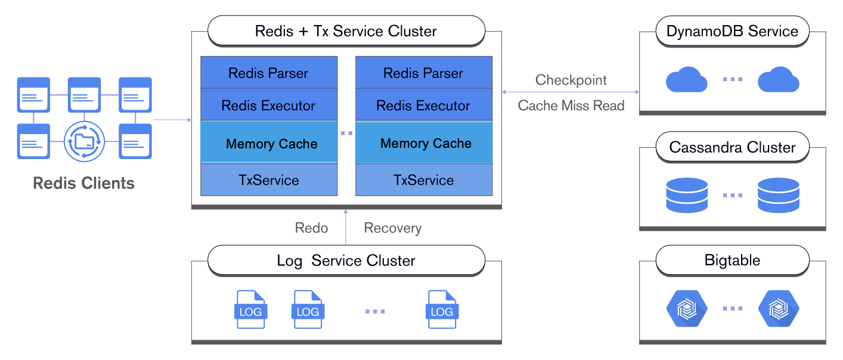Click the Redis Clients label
[83, 183]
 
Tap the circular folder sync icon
[84, 142]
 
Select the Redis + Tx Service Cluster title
[346, 31]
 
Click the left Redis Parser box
[268, 73]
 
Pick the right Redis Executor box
[423, 105]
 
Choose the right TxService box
[423, 180]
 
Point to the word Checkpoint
[571, 80]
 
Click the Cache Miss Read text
[571, 105]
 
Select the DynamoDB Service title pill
[732, 31]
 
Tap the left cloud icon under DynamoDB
[686, 80]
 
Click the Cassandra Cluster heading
[732, 147]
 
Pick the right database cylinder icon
[778, 195]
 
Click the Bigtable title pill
[732, 260]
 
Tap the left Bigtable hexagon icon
[686, 308]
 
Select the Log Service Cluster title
[346, 260]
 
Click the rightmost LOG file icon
[442, 309]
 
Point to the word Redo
[311, 228]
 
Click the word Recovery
[392, 228]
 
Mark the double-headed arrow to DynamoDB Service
[571, 92]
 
